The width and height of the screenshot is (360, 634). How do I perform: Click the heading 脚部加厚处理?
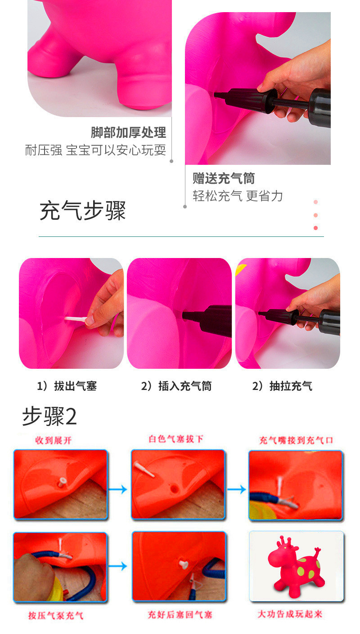128,132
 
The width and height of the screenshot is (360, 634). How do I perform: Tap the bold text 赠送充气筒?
224,178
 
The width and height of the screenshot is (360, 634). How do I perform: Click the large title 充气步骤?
83,211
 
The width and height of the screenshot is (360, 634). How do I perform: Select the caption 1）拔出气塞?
67,386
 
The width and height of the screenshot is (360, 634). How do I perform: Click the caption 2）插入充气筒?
176,386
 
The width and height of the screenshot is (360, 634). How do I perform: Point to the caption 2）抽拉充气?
282,386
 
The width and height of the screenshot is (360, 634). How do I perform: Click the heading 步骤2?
49,417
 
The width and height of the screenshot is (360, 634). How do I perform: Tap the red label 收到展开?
54,440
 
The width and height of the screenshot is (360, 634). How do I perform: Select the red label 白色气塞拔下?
176,439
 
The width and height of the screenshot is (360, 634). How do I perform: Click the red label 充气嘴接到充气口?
296,440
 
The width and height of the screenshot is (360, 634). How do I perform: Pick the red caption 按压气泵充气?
56,616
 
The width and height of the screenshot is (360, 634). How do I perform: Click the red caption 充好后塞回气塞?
180,615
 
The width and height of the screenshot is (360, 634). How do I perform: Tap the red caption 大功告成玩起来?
290,614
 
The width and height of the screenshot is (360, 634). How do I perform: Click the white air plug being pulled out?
76,319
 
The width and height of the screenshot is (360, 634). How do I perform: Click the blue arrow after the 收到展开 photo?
117,489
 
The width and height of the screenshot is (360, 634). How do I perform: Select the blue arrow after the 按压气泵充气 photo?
117,566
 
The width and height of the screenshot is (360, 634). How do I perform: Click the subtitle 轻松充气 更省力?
238,196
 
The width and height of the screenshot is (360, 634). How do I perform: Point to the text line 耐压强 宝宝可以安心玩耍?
95,150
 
